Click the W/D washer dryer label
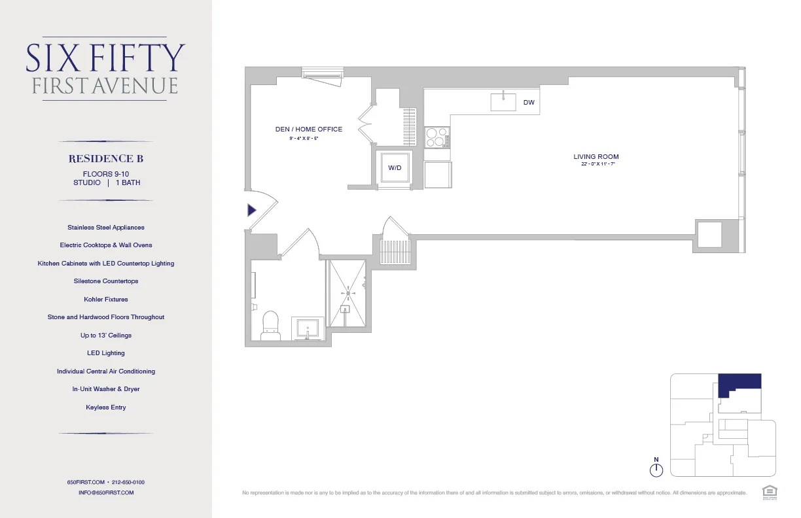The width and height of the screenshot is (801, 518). [x=395, y=168]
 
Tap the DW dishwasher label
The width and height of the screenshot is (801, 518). [x=529, y=103]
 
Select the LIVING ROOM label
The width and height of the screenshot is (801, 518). [x=596, y=157]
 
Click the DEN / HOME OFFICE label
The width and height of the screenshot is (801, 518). [x=308, y=129]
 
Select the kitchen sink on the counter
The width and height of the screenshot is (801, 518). [x=503, y=102]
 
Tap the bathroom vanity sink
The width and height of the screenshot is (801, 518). [x=308, y=328]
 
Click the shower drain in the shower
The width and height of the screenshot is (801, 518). [x=348, y=294]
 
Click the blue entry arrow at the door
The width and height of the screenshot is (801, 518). [x=252, y=210]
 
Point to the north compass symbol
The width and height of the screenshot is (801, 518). [x=656, y=469]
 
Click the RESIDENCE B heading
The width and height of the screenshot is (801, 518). [x=106, y=159]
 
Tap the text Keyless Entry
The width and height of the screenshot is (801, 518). [x=106, y=407]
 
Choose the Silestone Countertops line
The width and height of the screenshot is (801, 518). [x=106, y=281]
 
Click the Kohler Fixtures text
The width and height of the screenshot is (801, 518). [x=106, y=300]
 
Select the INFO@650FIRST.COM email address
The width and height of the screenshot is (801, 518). [x=106, y=492]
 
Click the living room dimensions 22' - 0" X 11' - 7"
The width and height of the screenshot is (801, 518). [x=596, y=165]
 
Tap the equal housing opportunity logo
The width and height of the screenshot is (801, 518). [x=768, y=491]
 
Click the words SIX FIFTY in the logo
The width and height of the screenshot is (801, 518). [x=105, y=58]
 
